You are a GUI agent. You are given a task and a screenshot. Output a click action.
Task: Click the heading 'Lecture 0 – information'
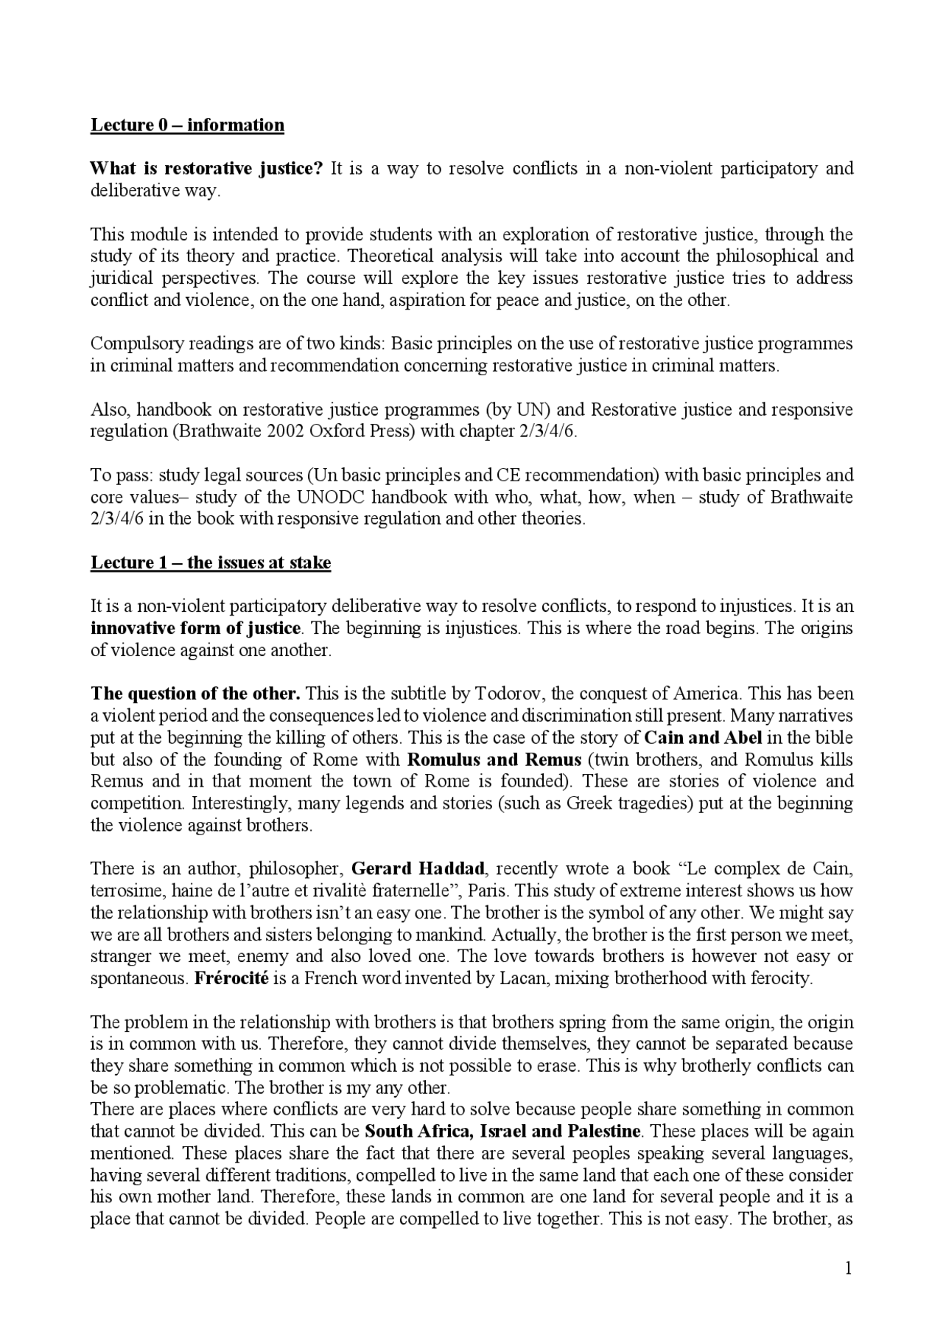coord(187,125)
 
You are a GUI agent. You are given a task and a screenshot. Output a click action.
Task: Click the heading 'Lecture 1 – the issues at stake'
coord(211,563)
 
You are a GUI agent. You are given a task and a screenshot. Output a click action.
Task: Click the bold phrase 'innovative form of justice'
coord(196,629)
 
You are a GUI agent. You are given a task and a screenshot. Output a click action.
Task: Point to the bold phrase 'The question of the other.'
coord(195,694)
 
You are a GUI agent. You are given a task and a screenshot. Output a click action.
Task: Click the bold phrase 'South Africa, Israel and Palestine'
coord(502,1132)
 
